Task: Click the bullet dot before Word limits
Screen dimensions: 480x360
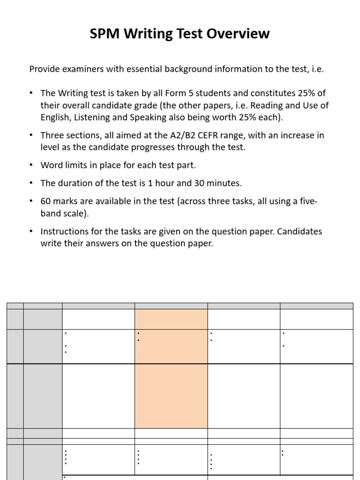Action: (31, 165)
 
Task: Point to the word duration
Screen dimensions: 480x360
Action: (73, 183)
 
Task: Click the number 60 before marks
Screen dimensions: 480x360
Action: (45, 202)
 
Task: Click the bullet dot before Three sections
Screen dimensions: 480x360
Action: (31, 135)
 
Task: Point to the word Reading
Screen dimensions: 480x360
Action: (264, 105)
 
